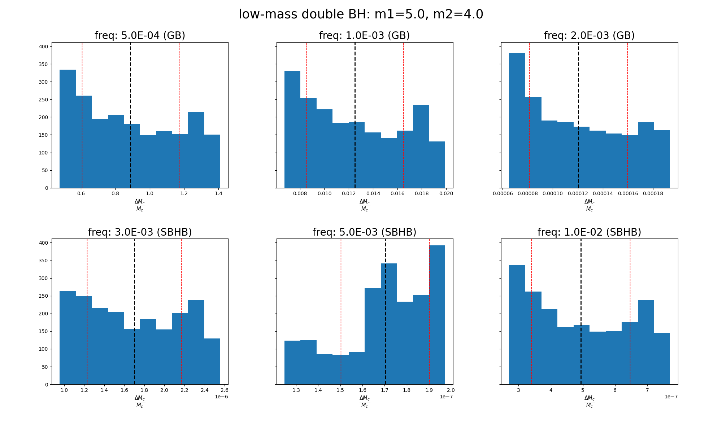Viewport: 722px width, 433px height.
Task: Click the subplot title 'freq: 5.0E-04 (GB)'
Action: point(140,36)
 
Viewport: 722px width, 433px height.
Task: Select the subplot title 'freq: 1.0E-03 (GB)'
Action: point(364,36)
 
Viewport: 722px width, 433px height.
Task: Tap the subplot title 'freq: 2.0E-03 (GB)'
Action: point(589,36)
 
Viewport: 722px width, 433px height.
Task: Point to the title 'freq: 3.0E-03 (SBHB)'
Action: point(140,232)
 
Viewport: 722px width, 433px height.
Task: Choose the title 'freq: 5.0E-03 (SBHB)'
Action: point(364,232)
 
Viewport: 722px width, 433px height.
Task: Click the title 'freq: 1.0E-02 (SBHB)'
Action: point(589,232)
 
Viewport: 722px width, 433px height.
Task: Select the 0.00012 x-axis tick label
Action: point(578,194)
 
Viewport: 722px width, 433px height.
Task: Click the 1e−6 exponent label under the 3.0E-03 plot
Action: point(221,397)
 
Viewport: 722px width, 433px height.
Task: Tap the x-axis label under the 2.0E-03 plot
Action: point(589,205)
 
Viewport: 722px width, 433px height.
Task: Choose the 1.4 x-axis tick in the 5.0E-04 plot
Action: point(218,194)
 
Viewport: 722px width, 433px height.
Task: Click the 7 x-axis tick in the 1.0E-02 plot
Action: point(647,390)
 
